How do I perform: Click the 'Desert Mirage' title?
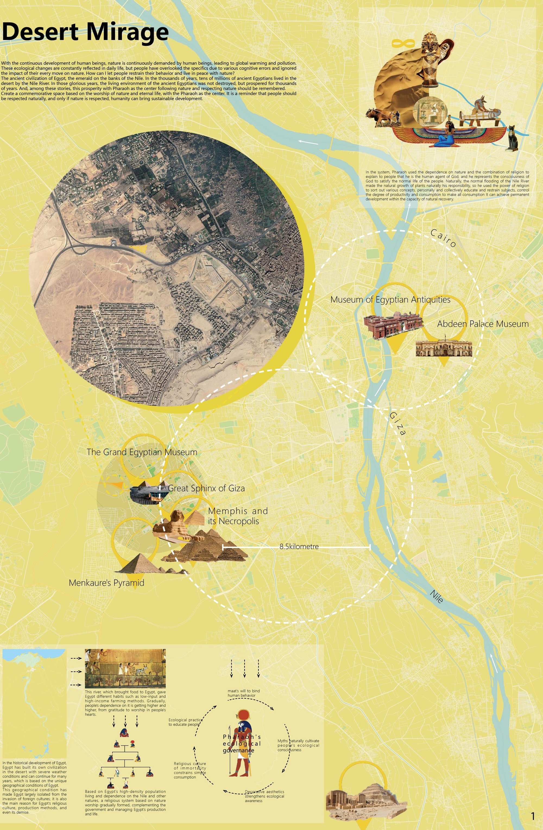click(x=85, y=32)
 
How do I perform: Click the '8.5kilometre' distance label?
click(x=299, y=546)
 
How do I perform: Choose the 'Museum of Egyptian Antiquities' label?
click(x=390, y=300)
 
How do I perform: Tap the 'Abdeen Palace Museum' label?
click(x=483, y=324)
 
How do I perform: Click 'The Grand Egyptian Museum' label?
click(x=142, y=452)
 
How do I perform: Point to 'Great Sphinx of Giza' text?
click(x=206, y=488)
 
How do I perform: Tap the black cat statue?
click(x=512, y=138)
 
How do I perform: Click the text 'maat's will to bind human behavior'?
click(x=244, y=693)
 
